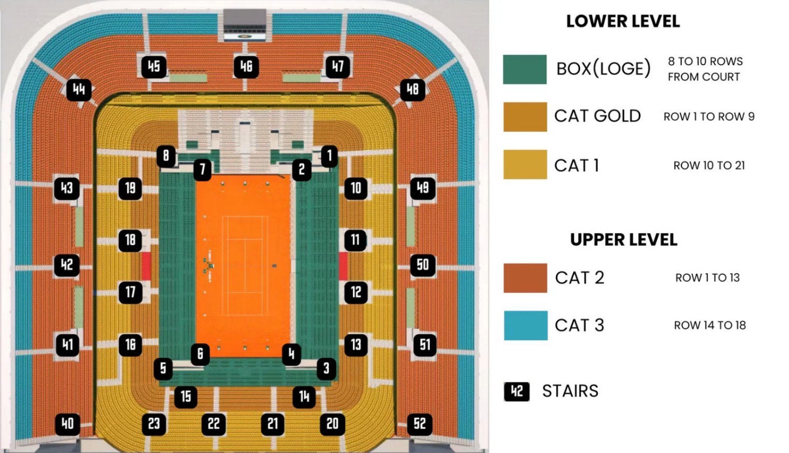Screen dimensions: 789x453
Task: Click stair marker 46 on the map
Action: pos(246,66)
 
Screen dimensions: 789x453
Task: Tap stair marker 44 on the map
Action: pos(79,90)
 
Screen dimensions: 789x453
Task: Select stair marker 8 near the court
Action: pos(166,156)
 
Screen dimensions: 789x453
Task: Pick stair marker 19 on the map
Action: pos(130,188)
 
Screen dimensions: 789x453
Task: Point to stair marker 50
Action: pos(423,265)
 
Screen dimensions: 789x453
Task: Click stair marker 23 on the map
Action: pos(154,424)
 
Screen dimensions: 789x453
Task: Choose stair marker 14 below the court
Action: pos(304,397)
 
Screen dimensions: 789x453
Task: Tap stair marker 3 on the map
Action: pos(326,368)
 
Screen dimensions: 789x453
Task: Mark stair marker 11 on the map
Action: pos(356,240)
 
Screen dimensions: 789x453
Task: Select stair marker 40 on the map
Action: pos(68,424)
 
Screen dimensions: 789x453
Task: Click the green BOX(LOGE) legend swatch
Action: pos(524,69)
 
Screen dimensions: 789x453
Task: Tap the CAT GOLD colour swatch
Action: pos(525,117)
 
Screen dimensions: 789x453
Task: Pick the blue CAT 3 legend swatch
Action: pos(525,326)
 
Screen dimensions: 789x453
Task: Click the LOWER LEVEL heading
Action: pos(623,21)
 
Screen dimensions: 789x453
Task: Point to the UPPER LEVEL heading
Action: pos(623,240)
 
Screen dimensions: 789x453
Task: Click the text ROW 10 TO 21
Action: pos(709,166)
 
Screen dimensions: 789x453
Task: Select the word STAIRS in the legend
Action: pos(570,391)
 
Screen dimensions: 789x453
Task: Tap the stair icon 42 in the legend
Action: pos(517,392)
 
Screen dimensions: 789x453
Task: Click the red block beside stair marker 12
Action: pos(343,266)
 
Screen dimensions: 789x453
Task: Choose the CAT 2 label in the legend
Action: pos(580,277)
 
